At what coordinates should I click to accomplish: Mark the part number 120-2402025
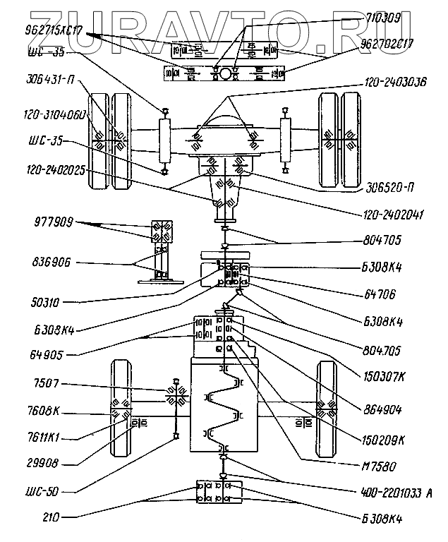pos(55,169)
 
